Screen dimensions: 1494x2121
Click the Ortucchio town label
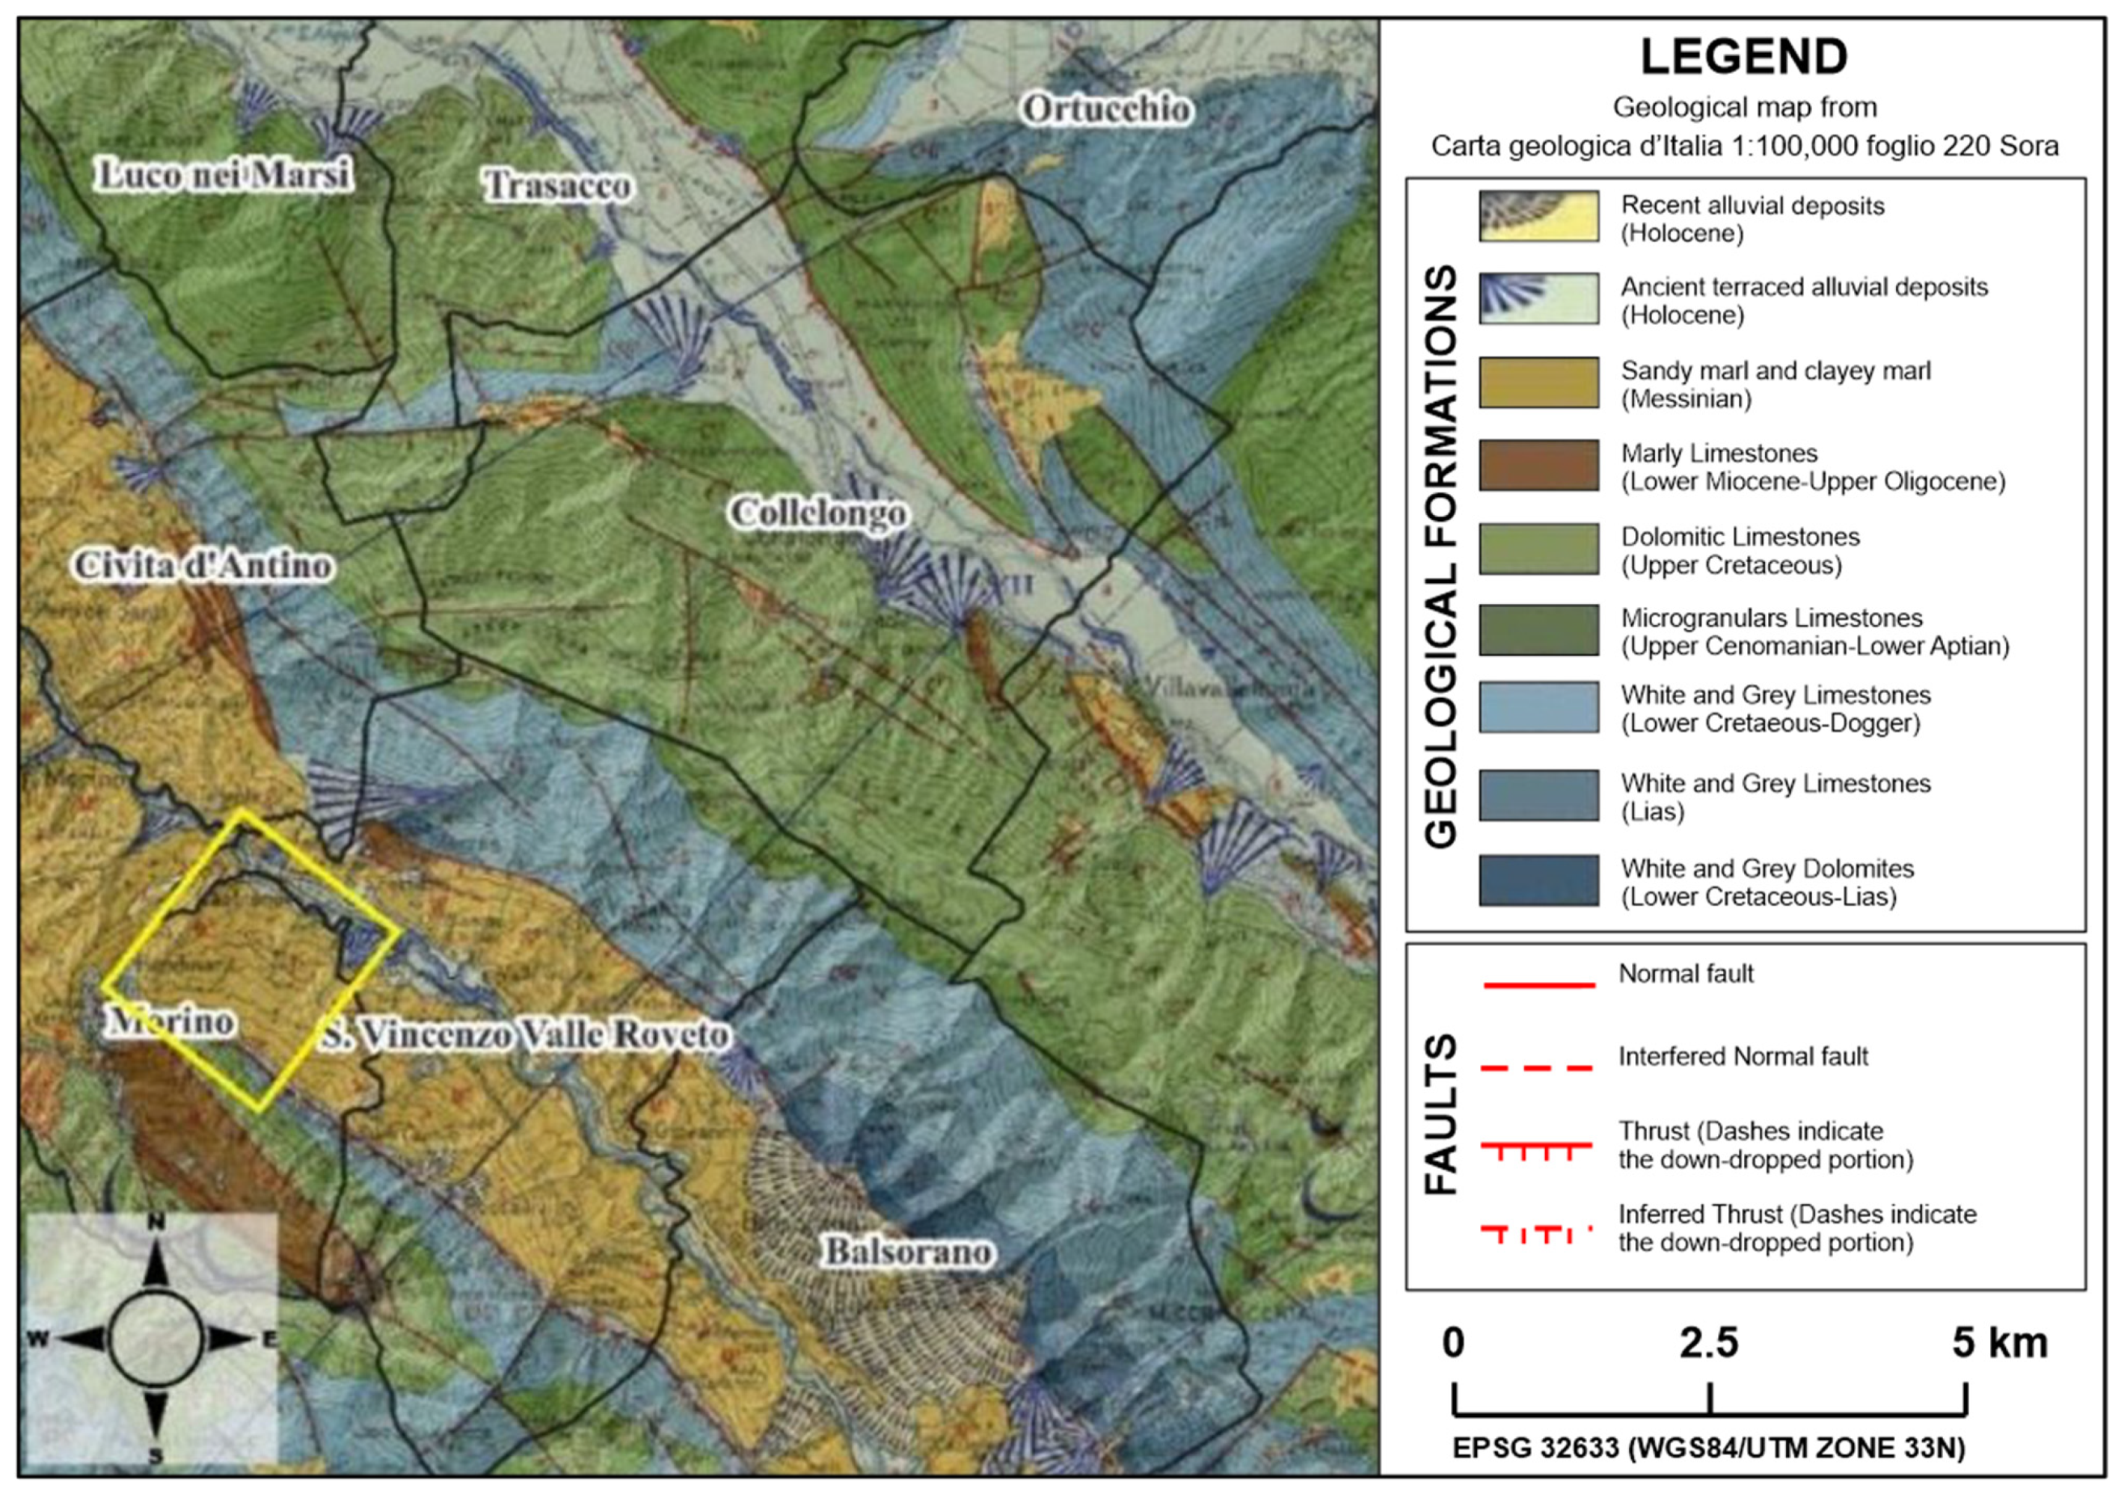1106,109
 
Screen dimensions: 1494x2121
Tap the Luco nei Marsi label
224,175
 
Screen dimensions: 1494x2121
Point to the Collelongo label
817,513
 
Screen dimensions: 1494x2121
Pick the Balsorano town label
908,1251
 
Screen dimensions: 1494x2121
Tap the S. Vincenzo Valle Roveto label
525,1035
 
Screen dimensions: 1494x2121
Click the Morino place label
171,1021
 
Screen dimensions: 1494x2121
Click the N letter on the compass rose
156,1223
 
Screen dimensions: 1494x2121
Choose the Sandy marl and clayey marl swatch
1538,382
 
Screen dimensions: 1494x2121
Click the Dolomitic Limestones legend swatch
1538,549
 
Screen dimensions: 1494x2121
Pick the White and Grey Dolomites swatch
1538,880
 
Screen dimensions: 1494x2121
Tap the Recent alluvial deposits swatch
1538,217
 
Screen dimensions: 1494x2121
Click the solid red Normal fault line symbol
1539,985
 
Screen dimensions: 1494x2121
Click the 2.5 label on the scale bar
1708,1342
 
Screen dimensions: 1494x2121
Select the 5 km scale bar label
1999,1342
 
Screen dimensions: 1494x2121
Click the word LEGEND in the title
1743,58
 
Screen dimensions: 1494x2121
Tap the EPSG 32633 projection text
1708,1448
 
